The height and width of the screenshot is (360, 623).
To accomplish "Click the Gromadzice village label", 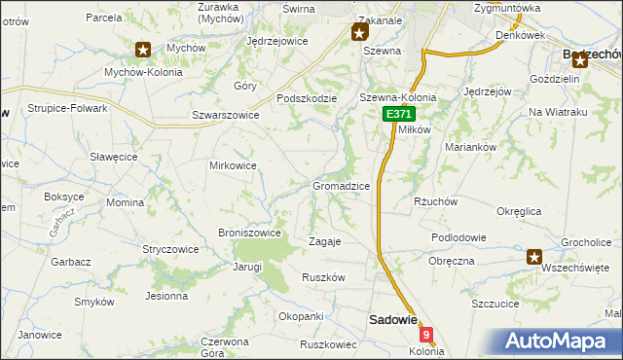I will point(340,185).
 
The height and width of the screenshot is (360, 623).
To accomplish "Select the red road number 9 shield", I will point(425,334).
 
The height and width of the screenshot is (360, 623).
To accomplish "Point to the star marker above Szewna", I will point(357,32).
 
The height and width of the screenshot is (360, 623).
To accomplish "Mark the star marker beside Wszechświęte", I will point(534,257).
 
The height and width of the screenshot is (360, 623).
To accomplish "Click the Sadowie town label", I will point(392,319).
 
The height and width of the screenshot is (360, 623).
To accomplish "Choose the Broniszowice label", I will point(250,233).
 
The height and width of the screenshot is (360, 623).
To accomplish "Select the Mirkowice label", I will point(234,165).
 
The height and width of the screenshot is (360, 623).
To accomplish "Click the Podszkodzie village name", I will point(307,98).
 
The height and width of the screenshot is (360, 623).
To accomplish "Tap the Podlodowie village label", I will point(460,237).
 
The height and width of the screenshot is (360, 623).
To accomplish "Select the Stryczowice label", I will point(170,249).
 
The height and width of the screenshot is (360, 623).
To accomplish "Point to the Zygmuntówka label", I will point(534,8).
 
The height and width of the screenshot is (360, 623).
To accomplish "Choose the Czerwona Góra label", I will point(225,347).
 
